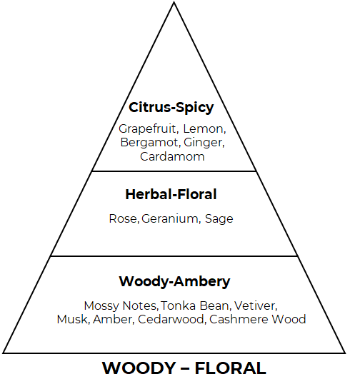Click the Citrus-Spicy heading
coord(171,108)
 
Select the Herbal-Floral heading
coord(171,194)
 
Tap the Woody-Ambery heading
coord(174,282)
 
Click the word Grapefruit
coord(147,129)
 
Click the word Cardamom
coord(172,157)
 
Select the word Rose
coord(123,219)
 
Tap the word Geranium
coord(170,219)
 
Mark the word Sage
coord(219,219)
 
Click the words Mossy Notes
coord(120,306)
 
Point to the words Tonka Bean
coord(195,305)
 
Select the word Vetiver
coord(254,305)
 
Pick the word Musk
coord(72,319)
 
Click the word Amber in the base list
coord(112,319)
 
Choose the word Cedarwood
coord(171,319)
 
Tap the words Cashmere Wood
coord(257,319)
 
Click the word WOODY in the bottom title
coord(139,368)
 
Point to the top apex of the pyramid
coord(174,2)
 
